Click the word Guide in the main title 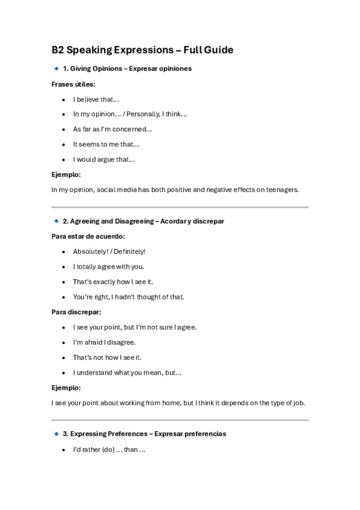click(219, 50)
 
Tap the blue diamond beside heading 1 click(56, 69)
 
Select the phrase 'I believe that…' click(96, 99)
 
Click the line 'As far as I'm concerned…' click(112, 129)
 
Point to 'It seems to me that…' click(106, 144)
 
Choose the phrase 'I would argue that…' click(104, 159)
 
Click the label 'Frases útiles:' click(73, 84)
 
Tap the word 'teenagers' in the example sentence click(282, 189)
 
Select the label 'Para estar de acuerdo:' click(88, 236)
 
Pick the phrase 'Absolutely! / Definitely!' click(109, 251)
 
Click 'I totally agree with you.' click(109, 266)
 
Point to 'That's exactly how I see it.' click(112, 281)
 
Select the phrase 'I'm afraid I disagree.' click(105, 342)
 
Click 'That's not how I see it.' click(108, 357)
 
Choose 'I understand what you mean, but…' click(127, 372)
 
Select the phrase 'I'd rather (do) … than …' click(109, 449)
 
